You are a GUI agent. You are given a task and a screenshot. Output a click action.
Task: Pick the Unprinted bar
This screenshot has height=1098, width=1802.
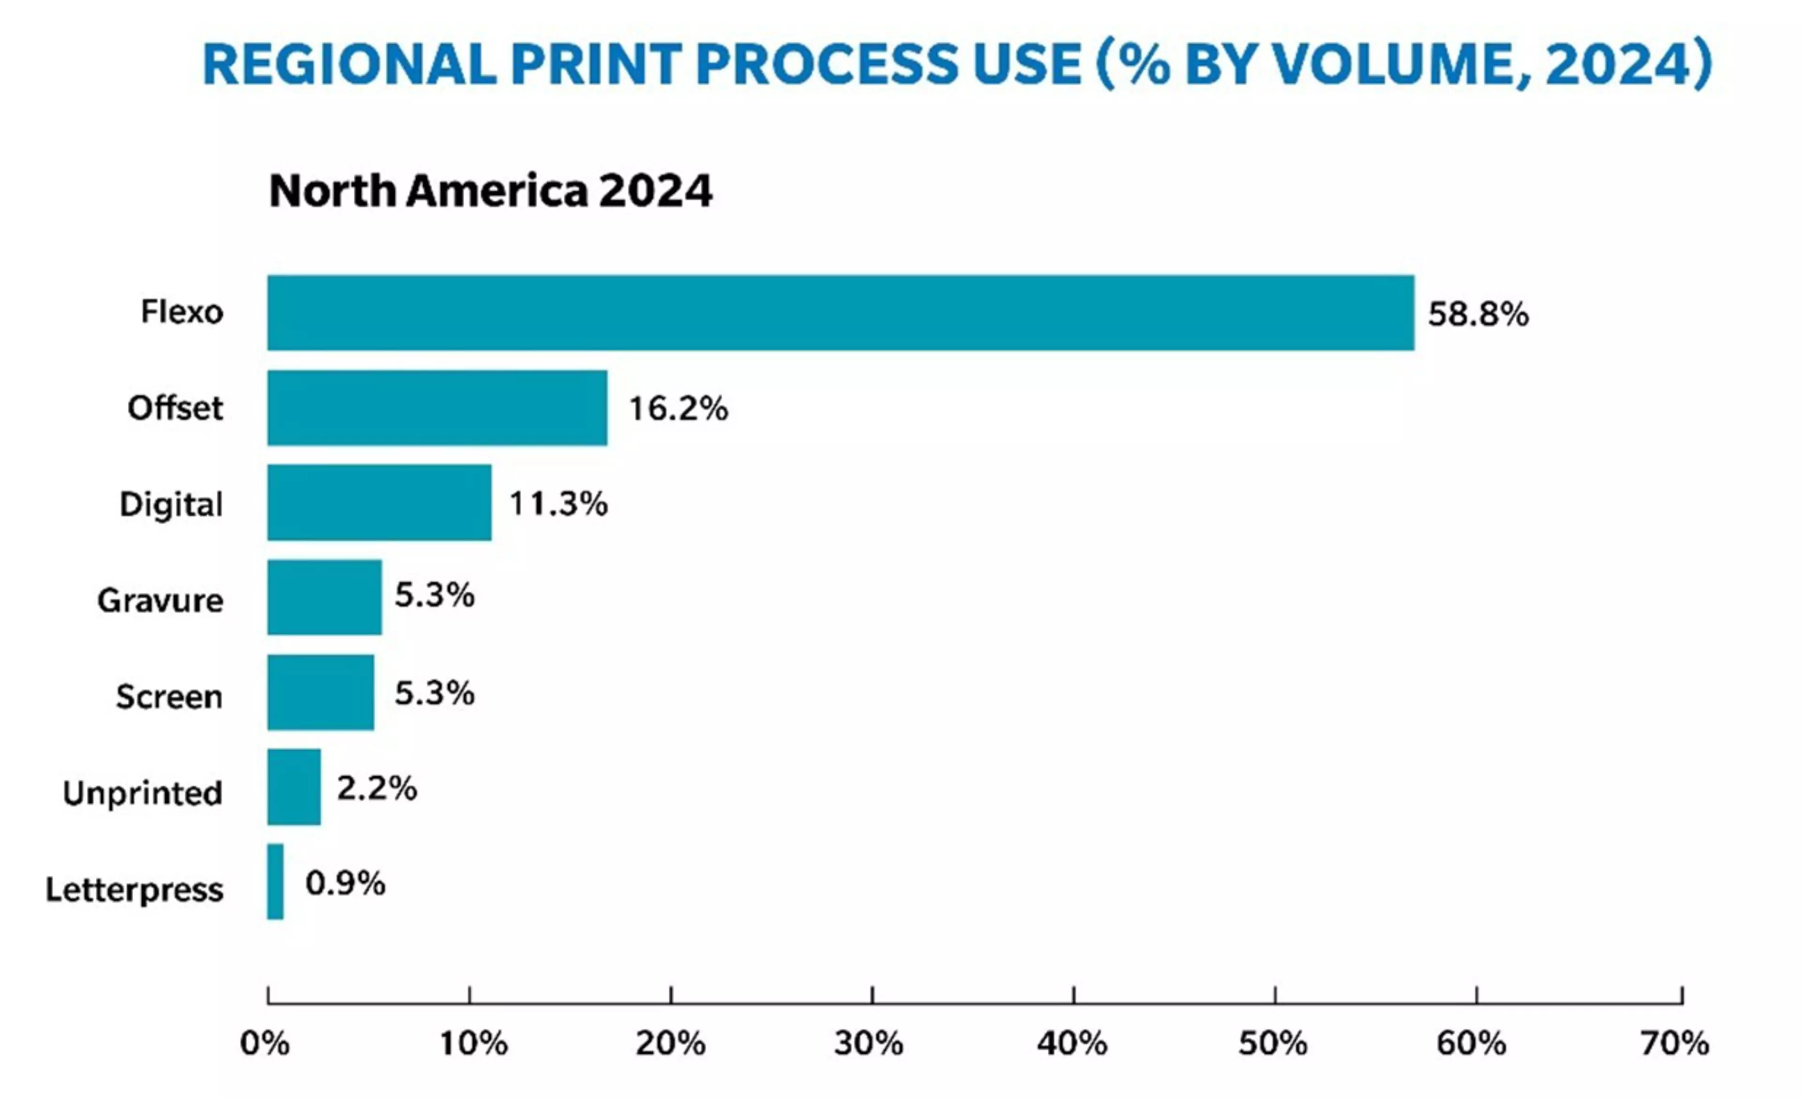coord(293,787)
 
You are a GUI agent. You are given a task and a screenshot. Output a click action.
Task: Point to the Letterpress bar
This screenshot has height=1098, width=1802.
coord(275,882)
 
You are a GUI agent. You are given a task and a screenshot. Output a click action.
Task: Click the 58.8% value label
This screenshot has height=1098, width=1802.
coord(1478,314)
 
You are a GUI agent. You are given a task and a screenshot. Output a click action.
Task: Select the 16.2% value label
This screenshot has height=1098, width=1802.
coord(678,408)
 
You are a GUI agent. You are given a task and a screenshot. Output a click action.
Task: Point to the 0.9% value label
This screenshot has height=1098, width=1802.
coord(345,883)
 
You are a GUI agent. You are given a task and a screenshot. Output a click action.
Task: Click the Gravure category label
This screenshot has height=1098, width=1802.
coord(160,600)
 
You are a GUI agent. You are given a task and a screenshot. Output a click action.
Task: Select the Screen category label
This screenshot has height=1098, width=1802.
coord(169,696)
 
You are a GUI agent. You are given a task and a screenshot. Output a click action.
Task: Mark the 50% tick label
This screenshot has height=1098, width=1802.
coord(1273,1043)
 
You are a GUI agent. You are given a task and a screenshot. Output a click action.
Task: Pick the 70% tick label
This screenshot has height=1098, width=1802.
coord(1675,1043)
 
